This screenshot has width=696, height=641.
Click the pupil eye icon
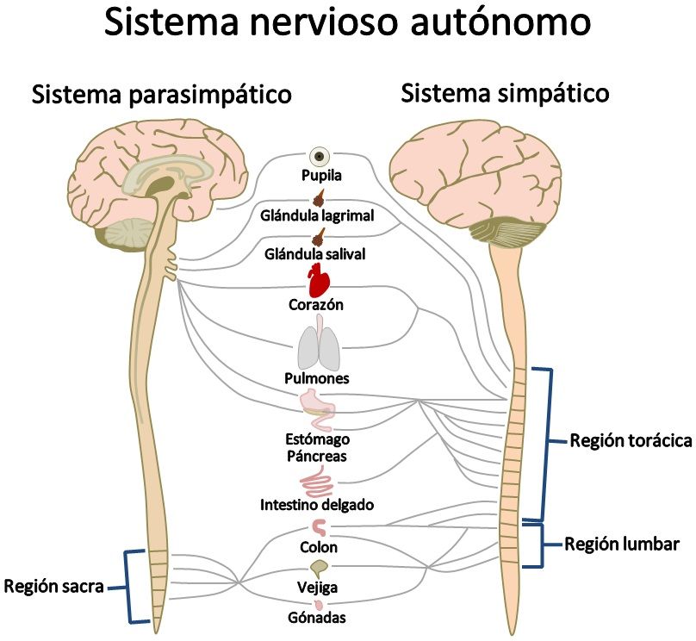(321, 157)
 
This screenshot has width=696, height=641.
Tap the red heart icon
(320, 280)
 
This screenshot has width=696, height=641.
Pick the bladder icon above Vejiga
(320, 569)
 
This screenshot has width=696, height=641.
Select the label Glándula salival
(315, 254)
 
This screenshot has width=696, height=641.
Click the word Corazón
(317, 304)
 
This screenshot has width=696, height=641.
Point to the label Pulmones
(316, 378)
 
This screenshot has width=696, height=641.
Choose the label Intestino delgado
(317, 505)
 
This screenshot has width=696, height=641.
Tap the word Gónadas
(319, 618)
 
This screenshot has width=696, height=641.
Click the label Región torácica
(631, 442)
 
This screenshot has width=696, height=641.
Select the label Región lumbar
(622, 545)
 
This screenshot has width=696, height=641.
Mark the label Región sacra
(53, 587)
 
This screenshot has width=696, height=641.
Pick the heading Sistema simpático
(506, 92)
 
